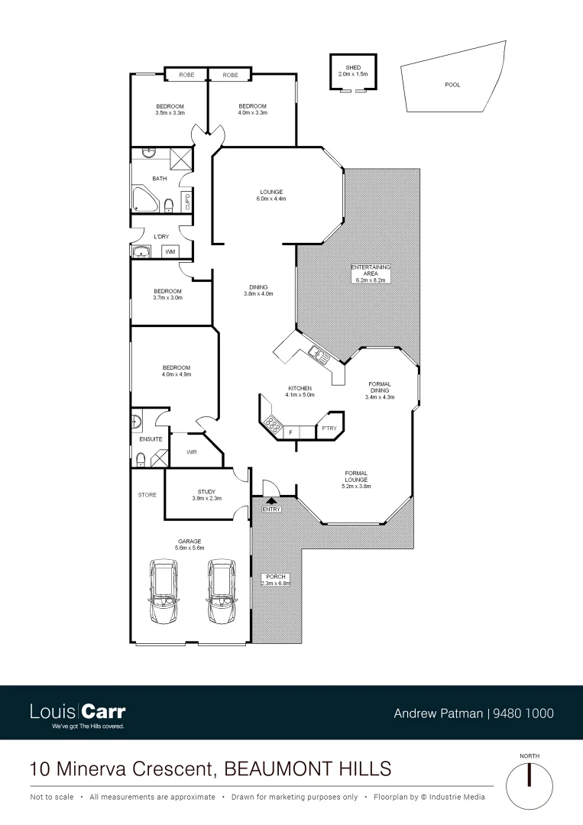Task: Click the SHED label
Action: coord(352,68)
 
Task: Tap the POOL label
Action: coord(452,85)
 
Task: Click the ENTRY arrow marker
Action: coord(271,500)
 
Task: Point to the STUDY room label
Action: coord(206,492)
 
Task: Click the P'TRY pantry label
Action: coord(329,429)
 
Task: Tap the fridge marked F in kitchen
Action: coord(291,433)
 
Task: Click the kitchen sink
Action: coord(316,353)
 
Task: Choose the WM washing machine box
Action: coord(170,251)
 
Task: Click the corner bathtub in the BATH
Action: coord(144,199)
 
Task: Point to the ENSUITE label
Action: coord(150,440)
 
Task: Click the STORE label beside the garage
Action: coord(147,495)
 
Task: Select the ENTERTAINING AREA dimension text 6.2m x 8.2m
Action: coord(371,280)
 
